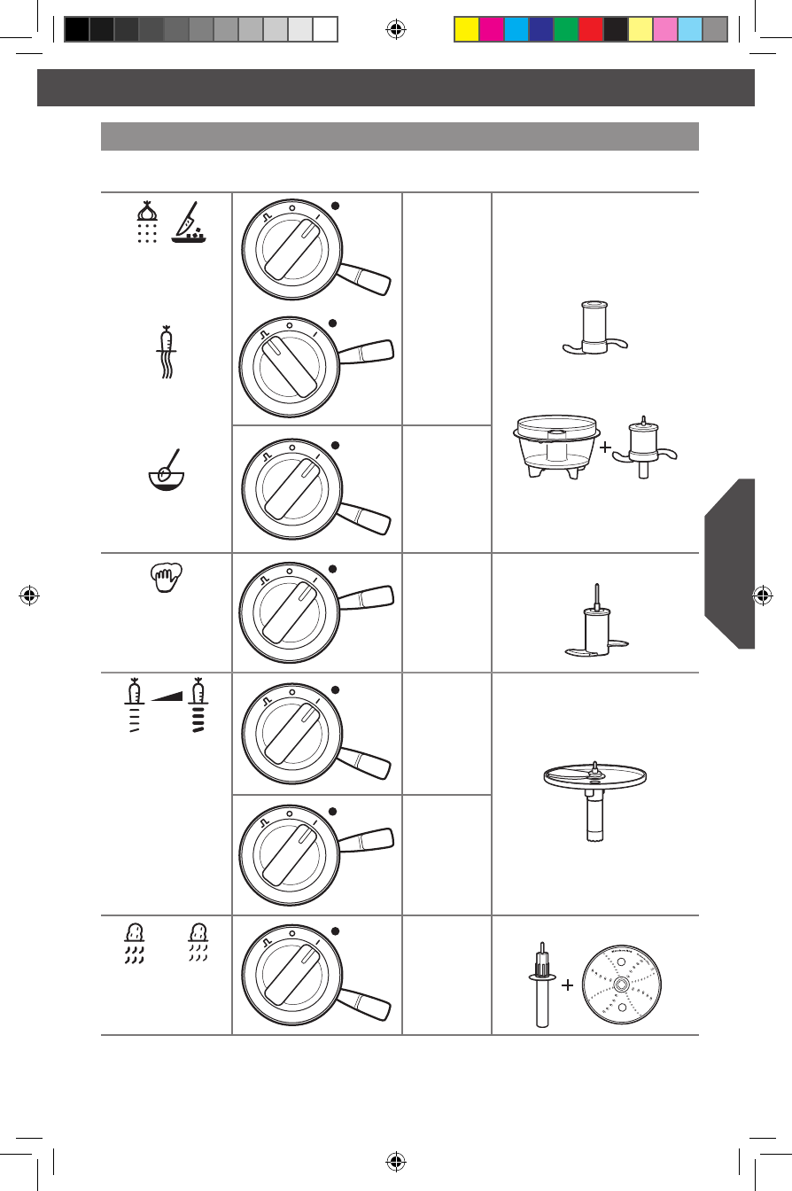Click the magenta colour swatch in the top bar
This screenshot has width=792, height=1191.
[x=491, y=30]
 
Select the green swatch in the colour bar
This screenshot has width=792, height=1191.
[x=565, y=30]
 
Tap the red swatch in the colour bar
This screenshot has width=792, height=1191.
[x=590, y=30]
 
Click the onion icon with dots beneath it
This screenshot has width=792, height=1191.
[x=148, y=221]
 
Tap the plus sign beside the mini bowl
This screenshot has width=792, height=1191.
[x=606, y=448]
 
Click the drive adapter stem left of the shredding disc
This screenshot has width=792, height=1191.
[x=540, y=987]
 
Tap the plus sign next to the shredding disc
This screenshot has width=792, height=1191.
[x=568, y=985]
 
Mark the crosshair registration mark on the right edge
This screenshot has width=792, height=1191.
[x=761, y=595]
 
